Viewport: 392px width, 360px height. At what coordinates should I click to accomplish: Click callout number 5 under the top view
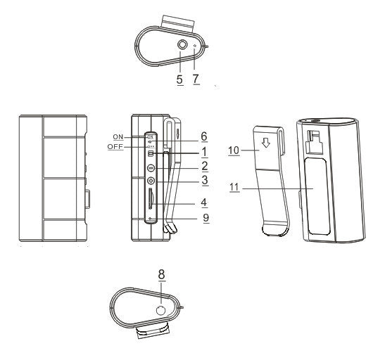pos(179,79)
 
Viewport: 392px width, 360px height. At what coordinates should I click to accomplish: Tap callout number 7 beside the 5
pos(196,79)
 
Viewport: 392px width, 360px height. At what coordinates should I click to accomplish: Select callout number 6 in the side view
pos(204,136)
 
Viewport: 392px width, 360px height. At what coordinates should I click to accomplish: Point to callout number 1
pos(205,152)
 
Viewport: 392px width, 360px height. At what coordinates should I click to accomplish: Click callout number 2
pos(205,166)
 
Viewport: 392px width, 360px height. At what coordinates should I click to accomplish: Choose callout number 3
pos(205,180)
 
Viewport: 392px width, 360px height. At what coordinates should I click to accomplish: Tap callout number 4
pos(204,202)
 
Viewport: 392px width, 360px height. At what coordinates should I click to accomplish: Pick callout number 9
pos(206,218)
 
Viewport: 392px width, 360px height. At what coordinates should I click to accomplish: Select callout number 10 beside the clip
pos(234,150)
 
